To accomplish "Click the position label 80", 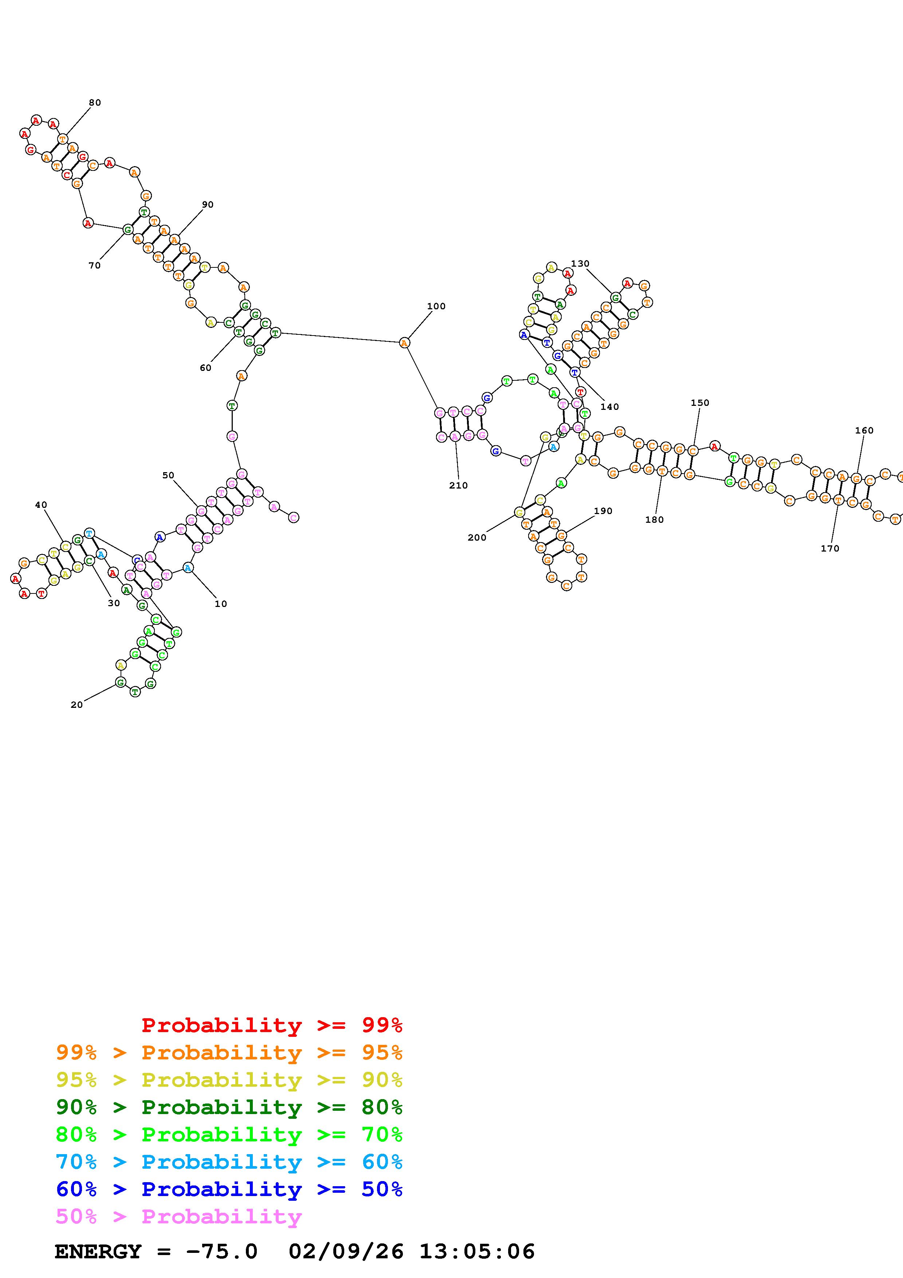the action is click(95, 102).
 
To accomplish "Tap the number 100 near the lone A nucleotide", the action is click(436, 306).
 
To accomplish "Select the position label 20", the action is click(77, 705).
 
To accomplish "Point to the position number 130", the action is click(580, 263).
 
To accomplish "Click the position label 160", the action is click(864, 430).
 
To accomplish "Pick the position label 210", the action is click(459, 485).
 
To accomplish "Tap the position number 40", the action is click(41, 505).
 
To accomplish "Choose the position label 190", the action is click(603, 511).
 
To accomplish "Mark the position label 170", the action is click(829, 548).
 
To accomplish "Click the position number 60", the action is click(205, 368).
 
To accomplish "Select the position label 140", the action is click(609, 407).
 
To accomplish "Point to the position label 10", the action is click(221, 604).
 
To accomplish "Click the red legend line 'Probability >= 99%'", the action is click(272, 1025).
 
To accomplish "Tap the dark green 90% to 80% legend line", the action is click(229, 1107).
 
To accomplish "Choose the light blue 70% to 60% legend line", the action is click(229, 1162).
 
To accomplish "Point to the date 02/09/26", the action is click(346, 1252).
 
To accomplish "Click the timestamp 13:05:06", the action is click(477, 1252).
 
